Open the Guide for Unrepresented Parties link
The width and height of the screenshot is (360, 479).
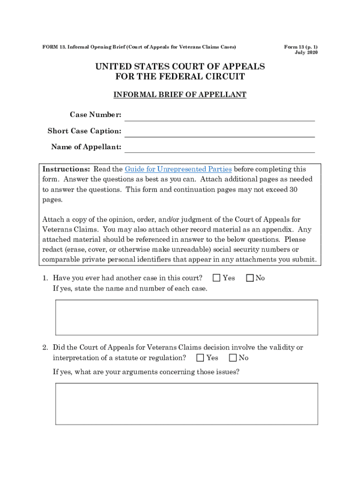178,169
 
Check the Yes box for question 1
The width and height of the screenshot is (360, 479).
216,278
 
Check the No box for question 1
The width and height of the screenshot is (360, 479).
250,278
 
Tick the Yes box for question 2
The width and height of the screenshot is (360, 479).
200,358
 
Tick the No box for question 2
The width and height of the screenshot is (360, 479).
233,358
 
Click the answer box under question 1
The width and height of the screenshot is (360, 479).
187,318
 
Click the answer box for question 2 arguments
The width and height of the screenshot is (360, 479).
187,404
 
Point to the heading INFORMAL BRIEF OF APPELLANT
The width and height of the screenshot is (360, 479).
180,95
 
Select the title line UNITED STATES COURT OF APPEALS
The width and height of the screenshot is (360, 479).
180,66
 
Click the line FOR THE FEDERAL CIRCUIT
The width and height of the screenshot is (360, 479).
180,77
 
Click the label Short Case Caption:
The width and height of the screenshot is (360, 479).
84,131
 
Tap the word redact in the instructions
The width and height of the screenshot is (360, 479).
53,249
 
